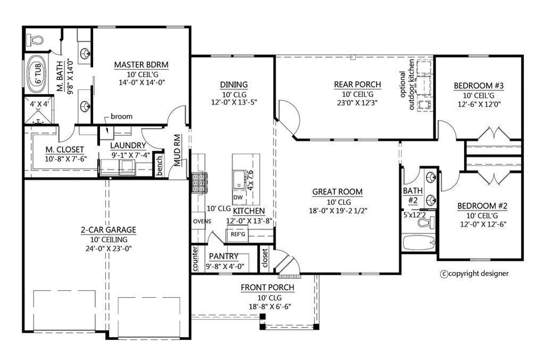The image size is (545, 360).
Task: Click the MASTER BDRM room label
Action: click(x=141, y=65)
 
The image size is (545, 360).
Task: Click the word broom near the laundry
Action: click(x=122, y=116)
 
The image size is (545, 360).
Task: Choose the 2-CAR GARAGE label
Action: click(x=108, y=230)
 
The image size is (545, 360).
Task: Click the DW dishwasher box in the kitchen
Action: click(x=238, y=197)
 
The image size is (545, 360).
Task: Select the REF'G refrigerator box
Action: click(x=237, y=233)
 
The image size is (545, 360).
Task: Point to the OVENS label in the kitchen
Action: click(x=202, y=221)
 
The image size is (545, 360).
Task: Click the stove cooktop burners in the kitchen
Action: click(x=198, y=183)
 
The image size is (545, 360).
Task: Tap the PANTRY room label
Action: click(x=224, y=256)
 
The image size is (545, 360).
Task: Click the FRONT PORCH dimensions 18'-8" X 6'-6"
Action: click(x=267, y=306)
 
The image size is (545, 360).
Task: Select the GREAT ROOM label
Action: click(x=337, y=192)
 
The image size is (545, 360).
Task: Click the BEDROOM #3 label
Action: click(x=478, y=86)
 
